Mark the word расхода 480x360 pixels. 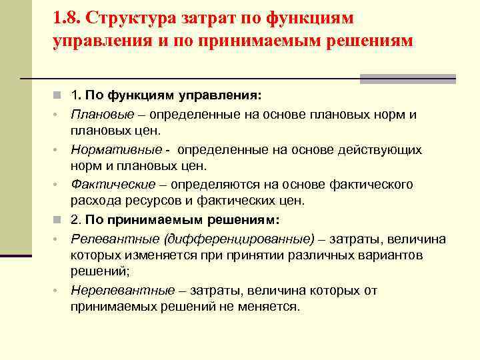[x=93, y=200]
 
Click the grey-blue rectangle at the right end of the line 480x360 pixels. [x=407, y=79]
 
